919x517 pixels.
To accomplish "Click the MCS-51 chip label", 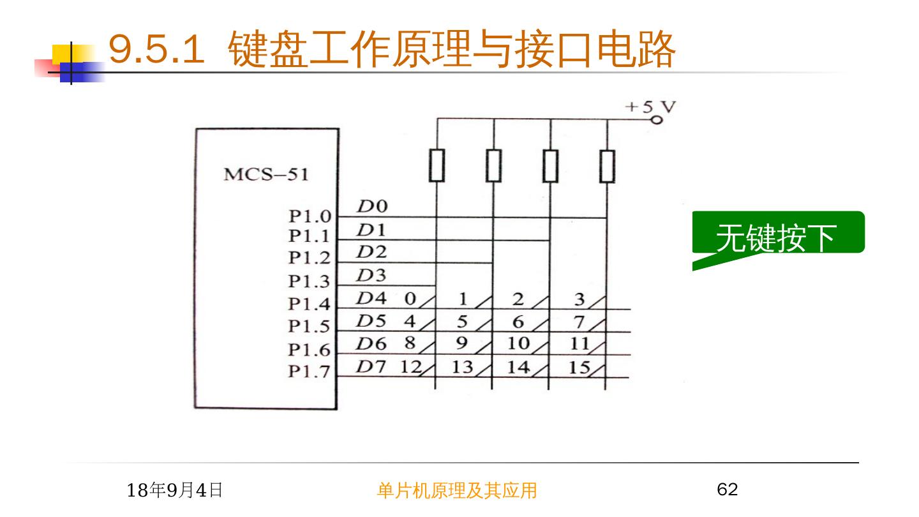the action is coord(265,174).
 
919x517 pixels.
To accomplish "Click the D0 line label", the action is coord(371,207).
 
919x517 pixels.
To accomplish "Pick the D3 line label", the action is coord(371,276).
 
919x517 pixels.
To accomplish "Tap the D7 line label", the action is coord(371,367).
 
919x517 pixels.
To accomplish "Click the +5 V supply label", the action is coord(650,107).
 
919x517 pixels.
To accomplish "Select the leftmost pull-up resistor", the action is coord(437,166).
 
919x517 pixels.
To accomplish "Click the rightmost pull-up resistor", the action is coord(607,166).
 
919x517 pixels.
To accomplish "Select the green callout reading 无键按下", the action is coord(777,237).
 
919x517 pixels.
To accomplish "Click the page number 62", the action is coord(728,490).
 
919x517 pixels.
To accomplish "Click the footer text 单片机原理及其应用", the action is coord(457,490).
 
